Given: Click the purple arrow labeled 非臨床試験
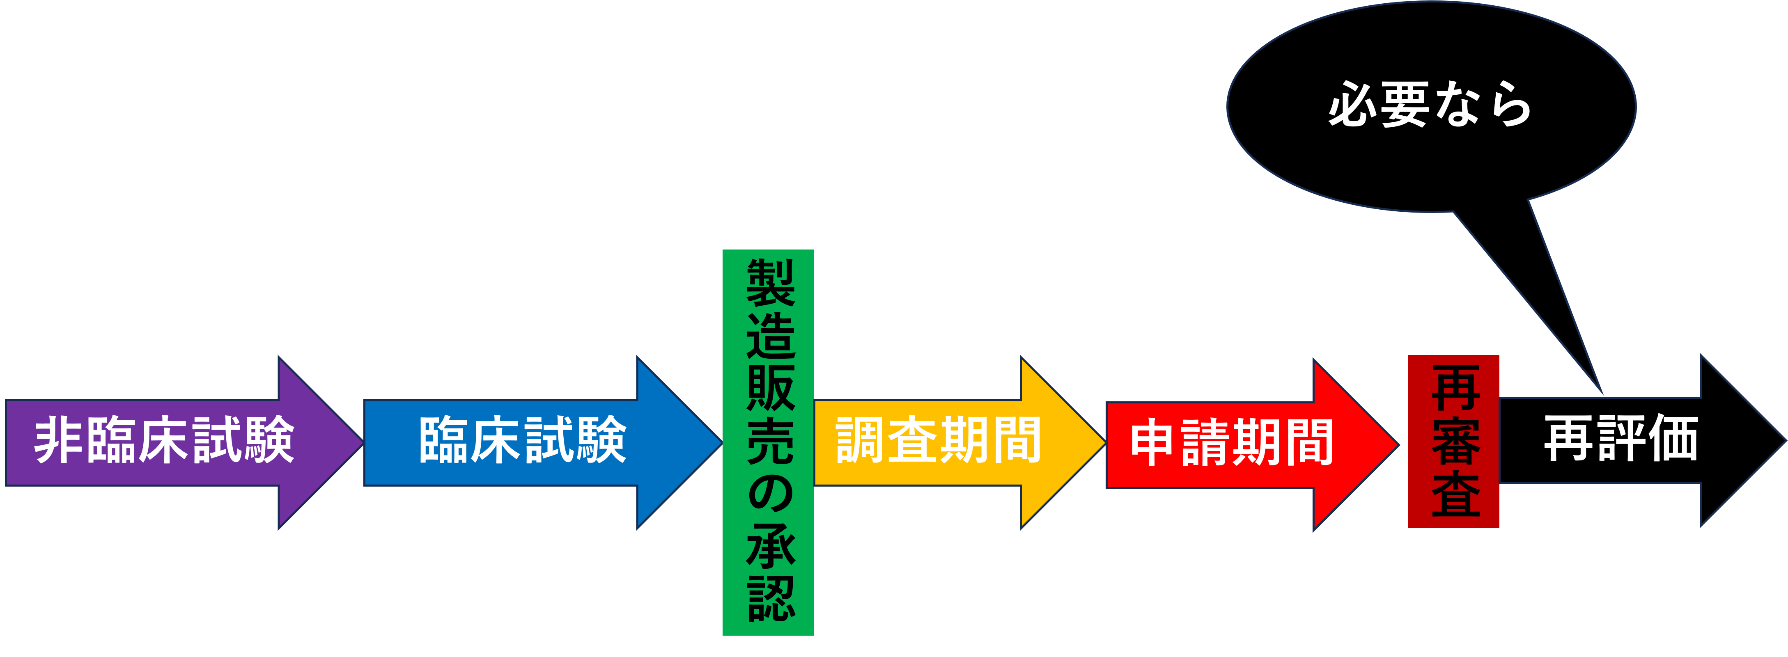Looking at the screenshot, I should pos(165,442).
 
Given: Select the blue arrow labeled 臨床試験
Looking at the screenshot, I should pos(523,442).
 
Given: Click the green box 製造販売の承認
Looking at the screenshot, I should pos(769,442).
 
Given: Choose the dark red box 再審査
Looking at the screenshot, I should pos(1453,441).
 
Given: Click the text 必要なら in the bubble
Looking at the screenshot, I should pos(1430,105).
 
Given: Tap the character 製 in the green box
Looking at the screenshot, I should pos(770,283).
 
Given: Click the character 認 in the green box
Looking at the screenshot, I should pos(770,598).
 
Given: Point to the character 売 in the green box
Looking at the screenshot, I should pos(770,441).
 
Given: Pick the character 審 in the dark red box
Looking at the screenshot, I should pos(1455,441).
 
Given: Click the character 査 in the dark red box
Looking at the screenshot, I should pos(1455,494).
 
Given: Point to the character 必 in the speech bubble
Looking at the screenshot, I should pos(1354,105).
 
